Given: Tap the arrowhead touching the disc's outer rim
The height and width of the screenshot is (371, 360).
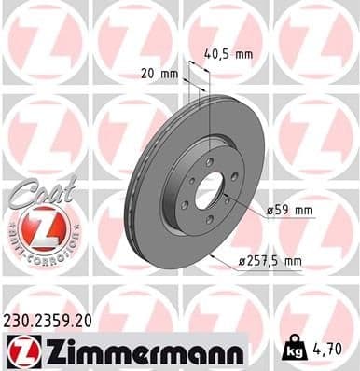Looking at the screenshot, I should click(x=211, y=253).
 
